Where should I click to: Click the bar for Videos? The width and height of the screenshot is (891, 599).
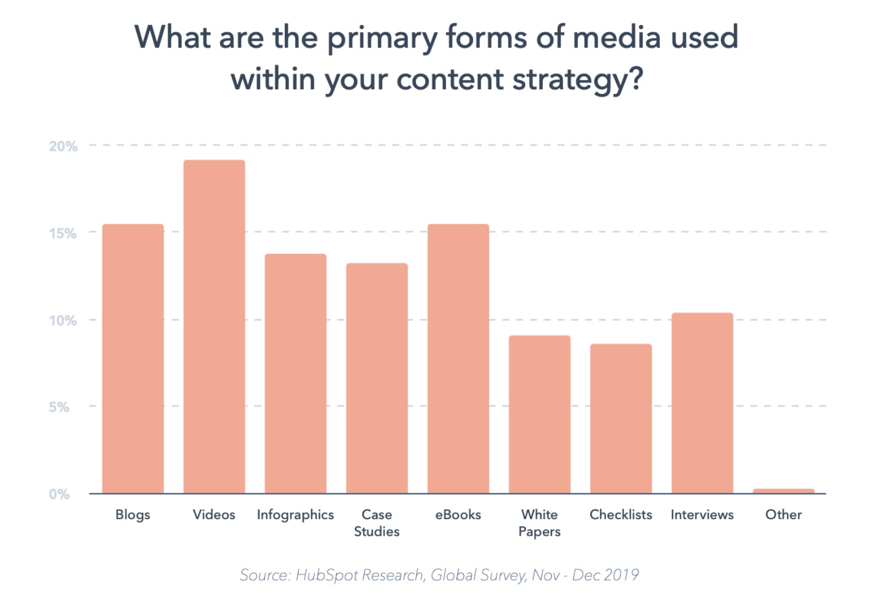coord(214,326)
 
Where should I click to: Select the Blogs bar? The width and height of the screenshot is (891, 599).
coord(133,359)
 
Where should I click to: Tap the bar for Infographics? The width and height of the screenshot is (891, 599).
coord(295,373)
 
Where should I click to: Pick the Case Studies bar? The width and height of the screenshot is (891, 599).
coord(377,378)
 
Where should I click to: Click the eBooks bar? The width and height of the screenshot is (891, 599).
coord(458,359)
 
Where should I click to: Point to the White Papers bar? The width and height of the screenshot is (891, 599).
coord(539,414)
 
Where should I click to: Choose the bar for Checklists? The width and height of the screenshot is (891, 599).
coord(621,419)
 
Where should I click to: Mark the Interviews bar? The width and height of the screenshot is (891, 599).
coord(702,403)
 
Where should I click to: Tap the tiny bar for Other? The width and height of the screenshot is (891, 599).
coord(784,491)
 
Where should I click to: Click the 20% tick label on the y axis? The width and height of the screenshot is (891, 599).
coord(63,146)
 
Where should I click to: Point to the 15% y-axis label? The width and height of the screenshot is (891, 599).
coord(63,233)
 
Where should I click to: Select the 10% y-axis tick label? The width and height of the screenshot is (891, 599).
coord(63,320)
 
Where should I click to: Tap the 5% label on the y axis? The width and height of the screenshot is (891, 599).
coord(59,407)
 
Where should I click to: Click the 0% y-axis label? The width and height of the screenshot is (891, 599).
coord(59,494)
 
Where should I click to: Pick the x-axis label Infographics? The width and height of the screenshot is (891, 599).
coord(295,515)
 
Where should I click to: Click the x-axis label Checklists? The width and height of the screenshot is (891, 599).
coord(621,515)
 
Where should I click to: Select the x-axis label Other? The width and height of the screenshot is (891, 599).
coord(784,515)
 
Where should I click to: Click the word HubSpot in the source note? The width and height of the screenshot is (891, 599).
coord(327,575)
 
